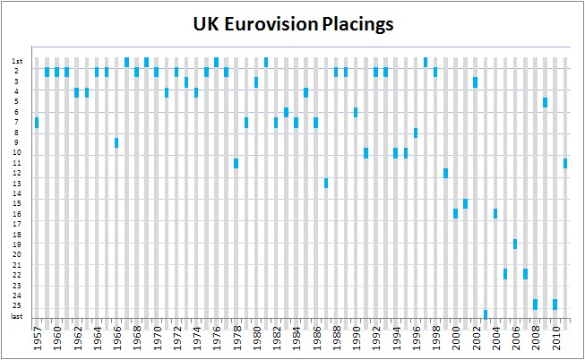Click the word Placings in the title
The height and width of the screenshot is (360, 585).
pos(356,25)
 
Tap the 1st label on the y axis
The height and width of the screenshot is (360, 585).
pos(18,61)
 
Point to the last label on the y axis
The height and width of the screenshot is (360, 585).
pos(18,315)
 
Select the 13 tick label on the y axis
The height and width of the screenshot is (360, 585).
pos(18,183)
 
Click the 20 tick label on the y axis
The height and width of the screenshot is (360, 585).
pos(18,254)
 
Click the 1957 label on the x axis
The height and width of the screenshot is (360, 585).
pos(37,340)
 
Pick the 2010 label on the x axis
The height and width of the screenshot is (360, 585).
pos(555,340)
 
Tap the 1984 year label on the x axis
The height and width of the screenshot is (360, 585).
pos(297,340)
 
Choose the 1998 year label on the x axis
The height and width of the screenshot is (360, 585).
pos(436,340)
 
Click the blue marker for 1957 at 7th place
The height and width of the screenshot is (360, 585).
pos(37,122)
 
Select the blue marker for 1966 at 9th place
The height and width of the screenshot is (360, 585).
pos(116,142)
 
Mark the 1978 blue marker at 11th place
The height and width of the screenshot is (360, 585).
pos(236,163)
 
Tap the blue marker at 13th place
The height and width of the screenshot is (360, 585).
pos(326,183)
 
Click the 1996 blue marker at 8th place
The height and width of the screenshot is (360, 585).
pos(416,133)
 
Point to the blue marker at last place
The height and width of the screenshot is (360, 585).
pos(486,314)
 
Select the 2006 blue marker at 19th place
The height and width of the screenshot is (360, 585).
pos(515,244)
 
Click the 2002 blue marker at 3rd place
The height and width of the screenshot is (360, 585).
pos(476,81)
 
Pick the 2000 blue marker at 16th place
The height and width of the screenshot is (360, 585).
pos(455,213)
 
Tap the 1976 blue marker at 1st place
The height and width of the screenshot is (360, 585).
pos(216,62)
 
